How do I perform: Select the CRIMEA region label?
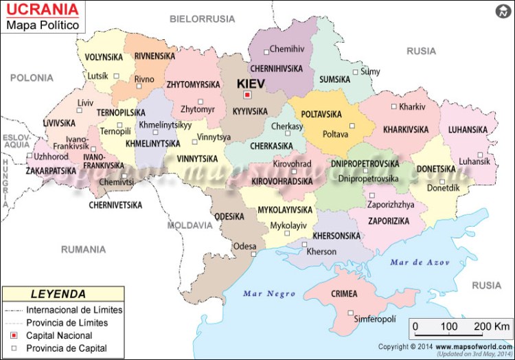tap(343, 294)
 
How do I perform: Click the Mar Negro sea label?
tap(269, 294)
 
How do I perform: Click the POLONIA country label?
tap(32, 78)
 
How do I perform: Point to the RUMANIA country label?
tap(83, 249)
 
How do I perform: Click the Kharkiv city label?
tap(412, 106)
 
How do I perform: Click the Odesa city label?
tap(244, 246)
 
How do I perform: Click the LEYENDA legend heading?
tap(58, 293)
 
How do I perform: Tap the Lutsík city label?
tap(97, 76)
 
